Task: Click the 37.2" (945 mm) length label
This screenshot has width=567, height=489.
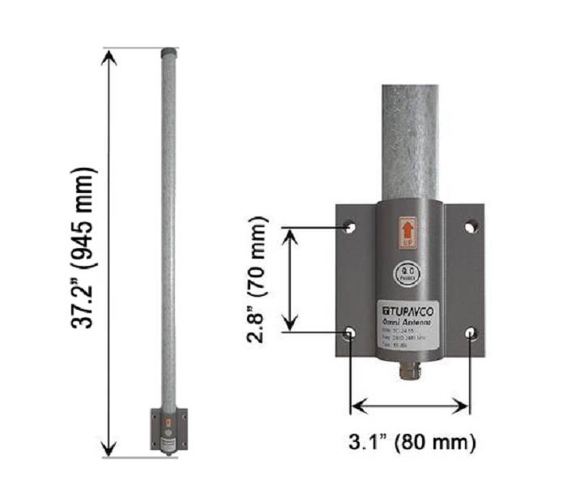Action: (83, 251)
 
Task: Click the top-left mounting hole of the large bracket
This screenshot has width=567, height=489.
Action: (349, 227)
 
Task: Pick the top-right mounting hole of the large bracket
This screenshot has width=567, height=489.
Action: (471, 227)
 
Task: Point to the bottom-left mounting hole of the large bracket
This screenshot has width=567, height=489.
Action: (349, 332)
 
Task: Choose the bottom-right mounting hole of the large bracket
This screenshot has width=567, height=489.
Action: (471, 332)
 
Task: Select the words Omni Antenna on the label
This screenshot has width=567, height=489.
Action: (410, 322)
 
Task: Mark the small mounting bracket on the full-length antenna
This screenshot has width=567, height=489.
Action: (168, 428)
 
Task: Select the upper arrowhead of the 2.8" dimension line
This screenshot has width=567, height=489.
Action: (292, 235)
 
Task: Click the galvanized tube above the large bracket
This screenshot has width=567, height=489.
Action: (410, 138)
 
